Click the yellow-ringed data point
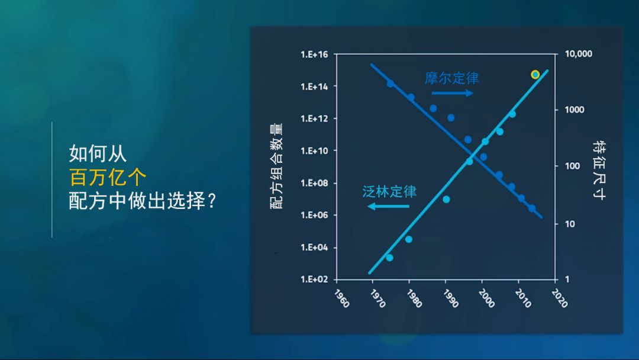point(535,74)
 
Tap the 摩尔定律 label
point(451,78)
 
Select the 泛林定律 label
point(389,191)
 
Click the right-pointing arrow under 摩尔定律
point(453,93)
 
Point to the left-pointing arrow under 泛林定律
point(388,206)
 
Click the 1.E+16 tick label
point(314,54)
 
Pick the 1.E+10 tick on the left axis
point(314,151)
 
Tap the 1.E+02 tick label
point(314,279)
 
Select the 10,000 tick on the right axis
point(578,54)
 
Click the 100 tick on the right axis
point(572,166)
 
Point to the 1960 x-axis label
point(341,298)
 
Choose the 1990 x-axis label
point(451,298)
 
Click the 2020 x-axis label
point(560,298)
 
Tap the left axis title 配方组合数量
point(276,166)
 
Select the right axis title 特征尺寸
point(599,170)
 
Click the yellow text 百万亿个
point(108,178)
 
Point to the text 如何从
point(98,154)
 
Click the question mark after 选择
point(211,201)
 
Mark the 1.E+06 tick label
point(314,215)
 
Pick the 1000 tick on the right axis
point(574,110)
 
